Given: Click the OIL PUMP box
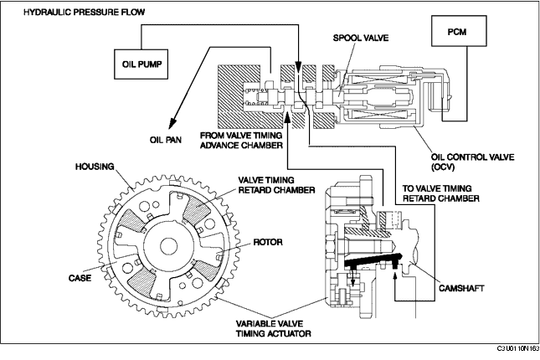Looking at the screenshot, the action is click(x=141, y=64).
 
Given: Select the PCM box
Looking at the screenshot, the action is click(x=459, y=31).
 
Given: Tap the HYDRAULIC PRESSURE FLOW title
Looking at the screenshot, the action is click(x=84, y=13).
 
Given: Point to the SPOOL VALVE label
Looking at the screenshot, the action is click(x=361, y=38).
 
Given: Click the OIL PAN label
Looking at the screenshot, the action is click(x=165, y=140).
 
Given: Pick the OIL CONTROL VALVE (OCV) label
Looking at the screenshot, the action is click(x=472, y=162).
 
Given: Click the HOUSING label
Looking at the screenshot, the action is click(x=95, y=167).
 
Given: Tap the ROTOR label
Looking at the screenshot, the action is click(x=268, y=242).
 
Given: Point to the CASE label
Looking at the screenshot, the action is click(x=80, y=278).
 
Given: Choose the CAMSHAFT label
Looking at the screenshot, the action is click(x=461, y=288).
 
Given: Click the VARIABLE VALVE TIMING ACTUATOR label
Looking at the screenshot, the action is click(x=274, y=329).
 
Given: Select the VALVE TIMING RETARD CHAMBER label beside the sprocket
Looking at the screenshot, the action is click(x=276, y=185).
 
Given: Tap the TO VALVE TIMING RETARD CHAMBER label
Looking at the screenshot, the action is click(x=441, y=193).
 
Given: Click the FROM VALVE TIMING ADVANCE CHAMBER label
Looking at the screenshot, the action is click(x=241, y=140).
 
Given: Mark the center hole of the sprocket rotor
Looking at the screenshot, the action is click(x=169, y=246).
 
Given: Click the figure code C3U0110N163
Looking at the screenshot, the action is click(x=518, y=348).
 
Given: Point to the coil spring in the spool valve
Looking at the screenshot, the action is click(x=250, y=96).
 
